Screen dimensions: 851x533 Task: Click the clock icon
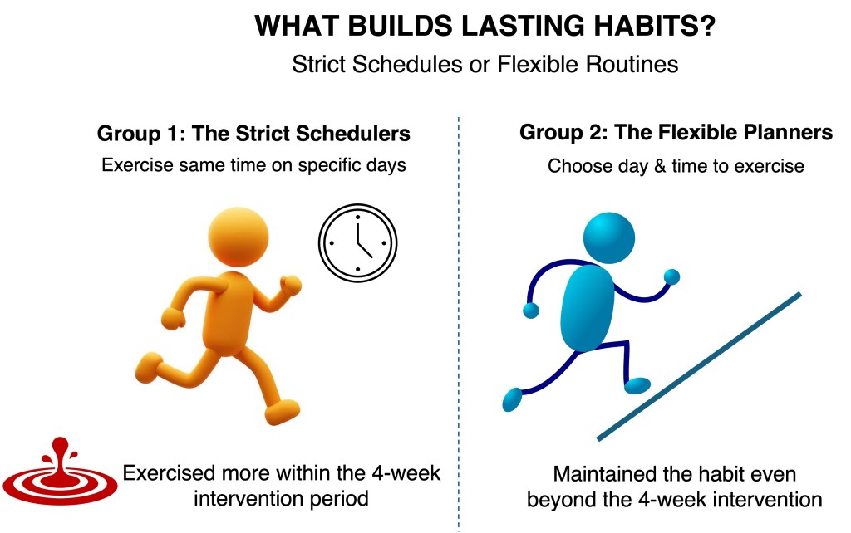pos(357,243)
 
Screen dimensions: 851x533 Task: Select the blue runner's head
pos(609,238)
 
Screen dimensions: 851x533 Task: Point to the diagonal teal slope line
pos(699,366)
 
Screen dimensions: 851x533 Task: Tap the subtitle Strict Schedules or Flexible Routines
pos(485,65)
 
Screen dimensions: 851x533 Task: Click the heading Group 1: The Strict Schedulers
pos(253,134)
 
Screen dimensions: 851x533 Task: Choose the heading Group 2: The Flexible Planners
pos(676,132)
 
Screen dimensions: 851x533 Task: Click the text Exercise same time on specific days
pos(253,165)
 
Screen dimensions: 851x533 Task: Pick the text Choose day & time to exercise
pos(676,166)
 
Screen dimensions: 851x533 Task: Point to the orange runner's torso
pos(228,313)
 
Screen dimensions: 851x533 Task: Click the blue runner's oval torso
pos(588,307)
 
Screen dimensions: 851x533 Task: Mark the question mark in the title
pos(708,26)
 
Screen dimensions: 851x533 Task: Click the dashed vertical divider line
pos(459,324)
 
